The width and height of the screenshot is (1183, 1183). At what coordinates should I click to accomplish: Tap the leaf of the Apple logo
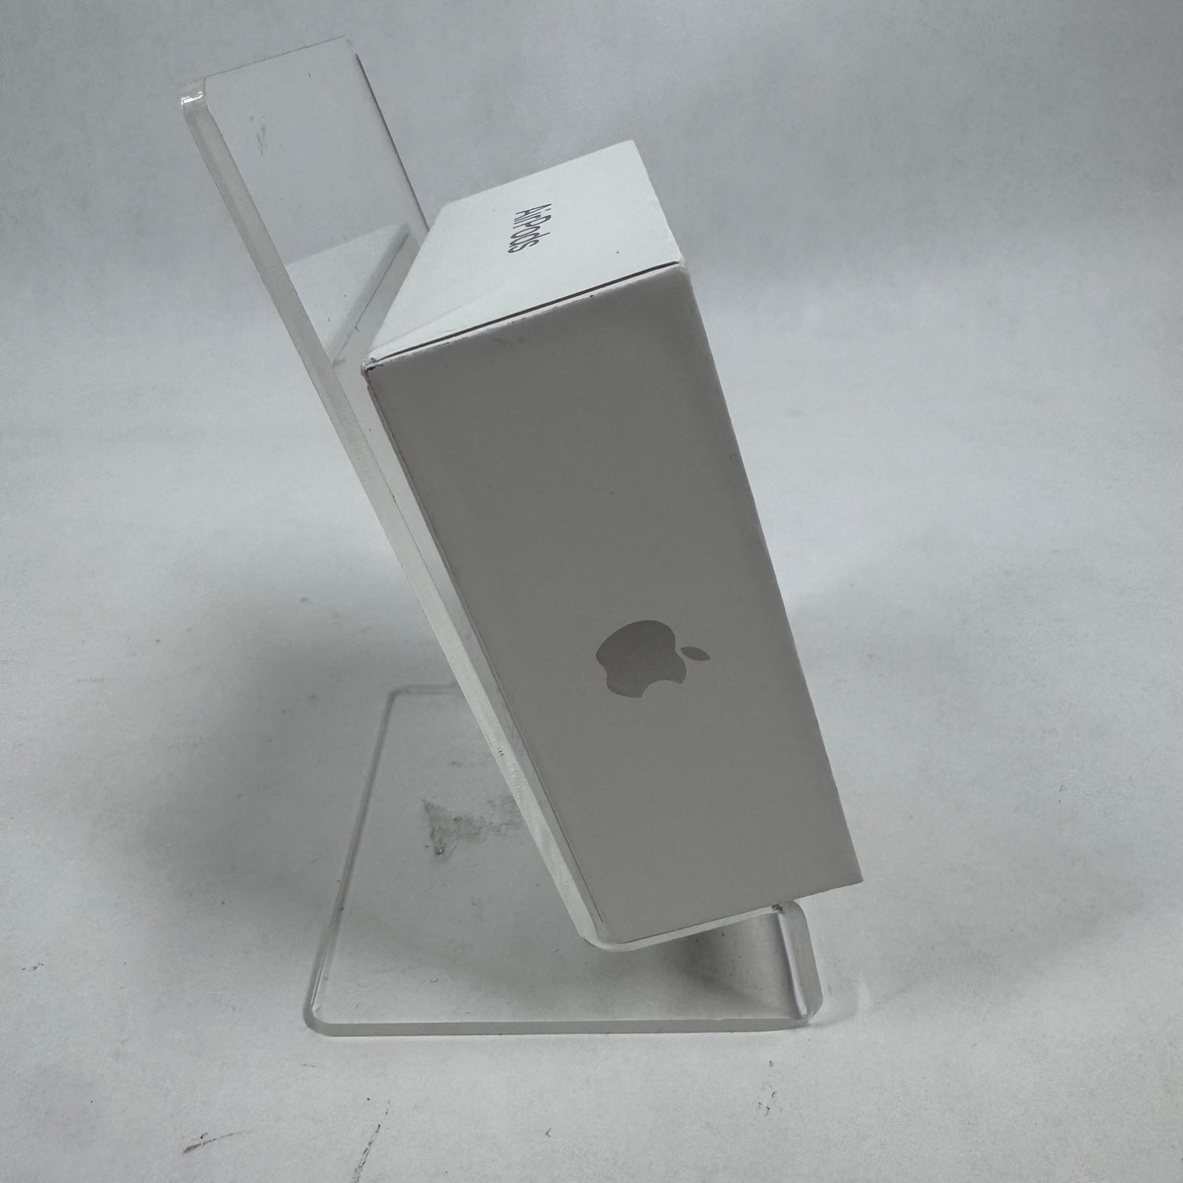click(x=697, y=654)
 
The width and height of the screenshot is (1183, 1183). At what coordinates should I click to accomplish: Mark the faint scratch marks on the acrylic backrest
click(x=260, y=134)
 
